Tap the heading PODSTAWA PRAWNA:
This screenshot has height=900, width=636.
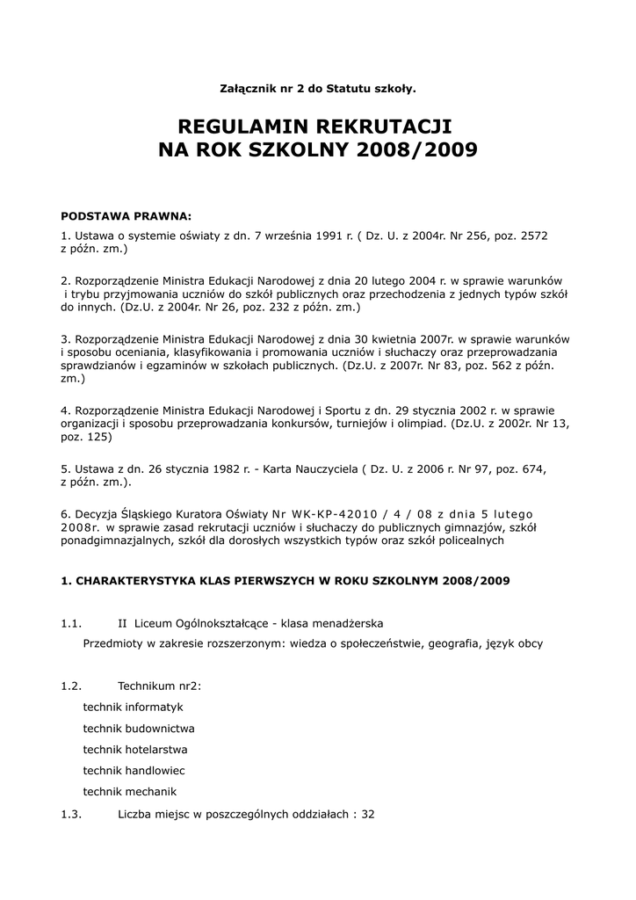click(x=125, y=215)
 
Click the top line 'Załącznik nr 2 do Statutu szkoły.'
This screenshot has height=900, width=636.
click(x=317, y=88)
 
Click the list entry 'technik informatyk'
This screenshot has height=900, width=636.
click(x=133, y=707)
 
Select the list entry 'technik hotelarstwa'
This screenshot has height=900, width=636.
click(x=135, y=749)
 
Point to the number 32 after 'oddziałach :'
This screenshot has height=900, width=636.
click(x=368, y=814)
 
